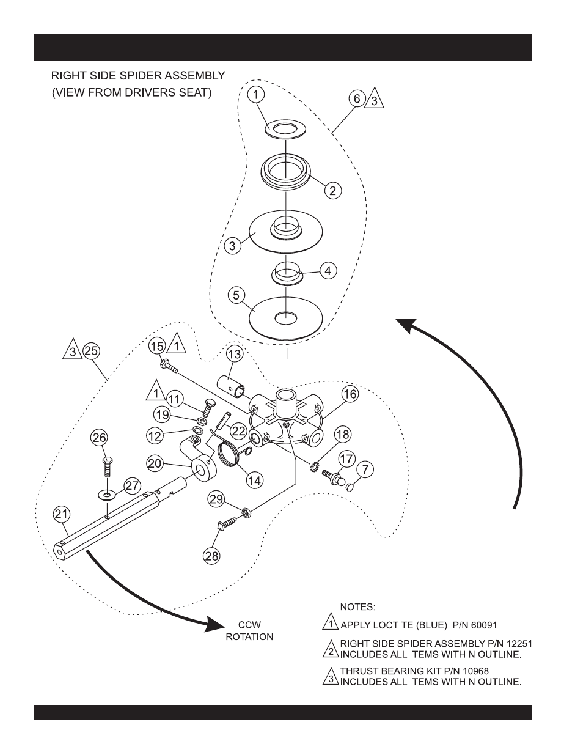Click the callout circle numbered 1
(257, 95)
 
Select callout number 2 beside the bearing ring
(332, 191)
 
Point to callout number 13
(235, 353)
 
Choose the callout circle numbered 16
(350, 394)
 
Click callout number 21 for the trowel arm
(62, 514)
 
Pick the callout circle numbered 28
(213, 555)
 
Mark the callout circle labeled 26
(99, 437)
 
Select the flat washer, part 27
(108, 492)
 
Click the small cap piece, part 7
(350, 488)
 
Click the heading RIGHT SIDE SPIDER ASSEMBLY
(138, 76)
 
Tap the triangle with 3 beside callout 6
(374, 99)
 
